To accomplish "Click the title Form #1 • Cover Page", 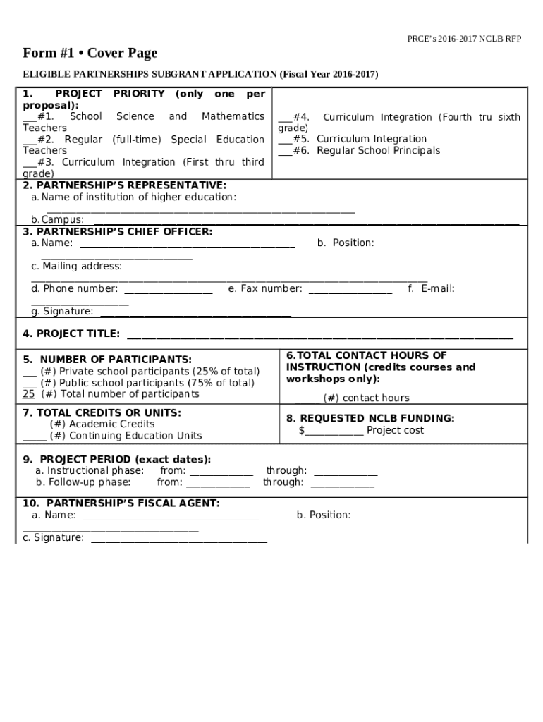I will (90, 54).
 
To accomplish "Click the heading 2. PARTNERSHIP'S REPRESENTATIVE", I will (124, 185).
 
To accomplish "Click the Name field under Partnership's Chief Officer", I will (187, 245).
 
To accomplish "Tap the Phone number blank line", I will (169, 290).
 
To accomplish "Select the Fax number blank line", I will (350, 290).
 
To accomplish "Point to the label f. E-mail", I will (431, 288).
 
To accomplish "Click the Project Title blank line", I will (319, 336).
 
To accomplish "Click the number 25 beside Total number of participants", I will (29, 393).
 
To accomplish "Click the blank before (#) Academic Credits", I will (35, 425).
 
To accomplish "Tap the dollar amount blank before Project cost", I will (334, 432).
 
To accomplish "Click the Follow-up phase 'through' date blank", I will (342, 484).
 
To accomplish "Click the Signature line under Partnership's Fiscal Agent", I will (179, 539).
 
